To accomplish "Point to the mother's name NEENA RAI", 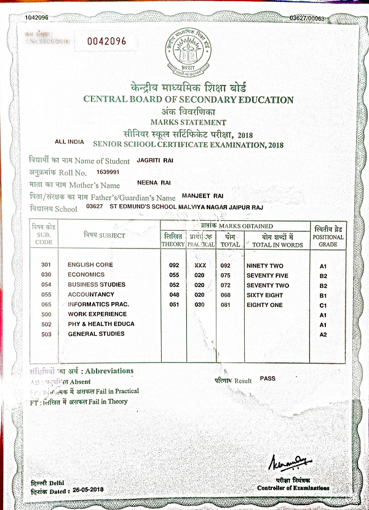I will coord(153,183).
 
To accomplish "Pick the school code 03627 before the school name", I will coord(94,207).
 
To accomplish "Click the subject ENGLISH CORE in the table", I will coord(90,265).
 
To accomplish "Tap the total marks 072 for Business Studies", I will coord(229,285).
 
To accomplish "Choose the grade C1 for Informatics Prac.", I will coord(322,305).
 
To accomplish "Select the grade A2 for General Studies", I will coord(322,334).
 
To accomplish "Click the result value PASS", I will coord(268,378).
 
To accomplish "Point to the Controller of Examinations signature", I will coord(289,461).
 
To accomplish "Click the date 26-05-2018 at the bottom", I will coord(86,490).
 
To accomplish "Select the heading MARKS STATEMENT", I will coord(189,122).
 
